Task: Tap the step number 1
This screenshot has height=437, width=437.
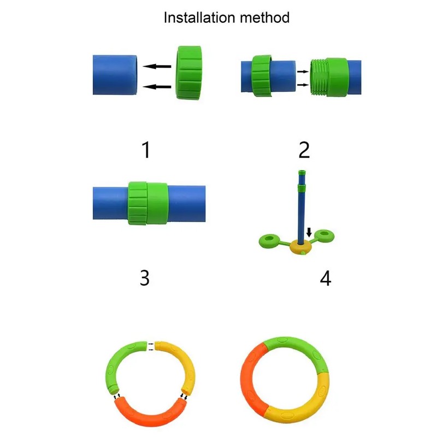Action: [145, 149]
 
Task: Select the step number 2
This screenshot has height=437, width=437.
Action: [304, 149]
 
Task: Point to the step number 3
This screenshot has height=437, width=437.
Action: [144, 277]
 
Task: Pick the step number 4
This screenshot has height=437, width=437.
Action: [325, 278]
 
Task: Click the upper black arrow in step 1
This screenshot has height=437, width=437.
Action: [157, 67]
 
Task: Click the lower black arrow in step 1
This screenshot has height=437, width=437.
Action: [157, 86]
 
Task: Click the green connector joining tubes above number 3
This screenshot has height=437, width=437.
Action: [147, 203]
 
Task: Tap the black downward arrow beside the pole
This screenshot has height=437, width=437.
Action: [309, 233]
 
